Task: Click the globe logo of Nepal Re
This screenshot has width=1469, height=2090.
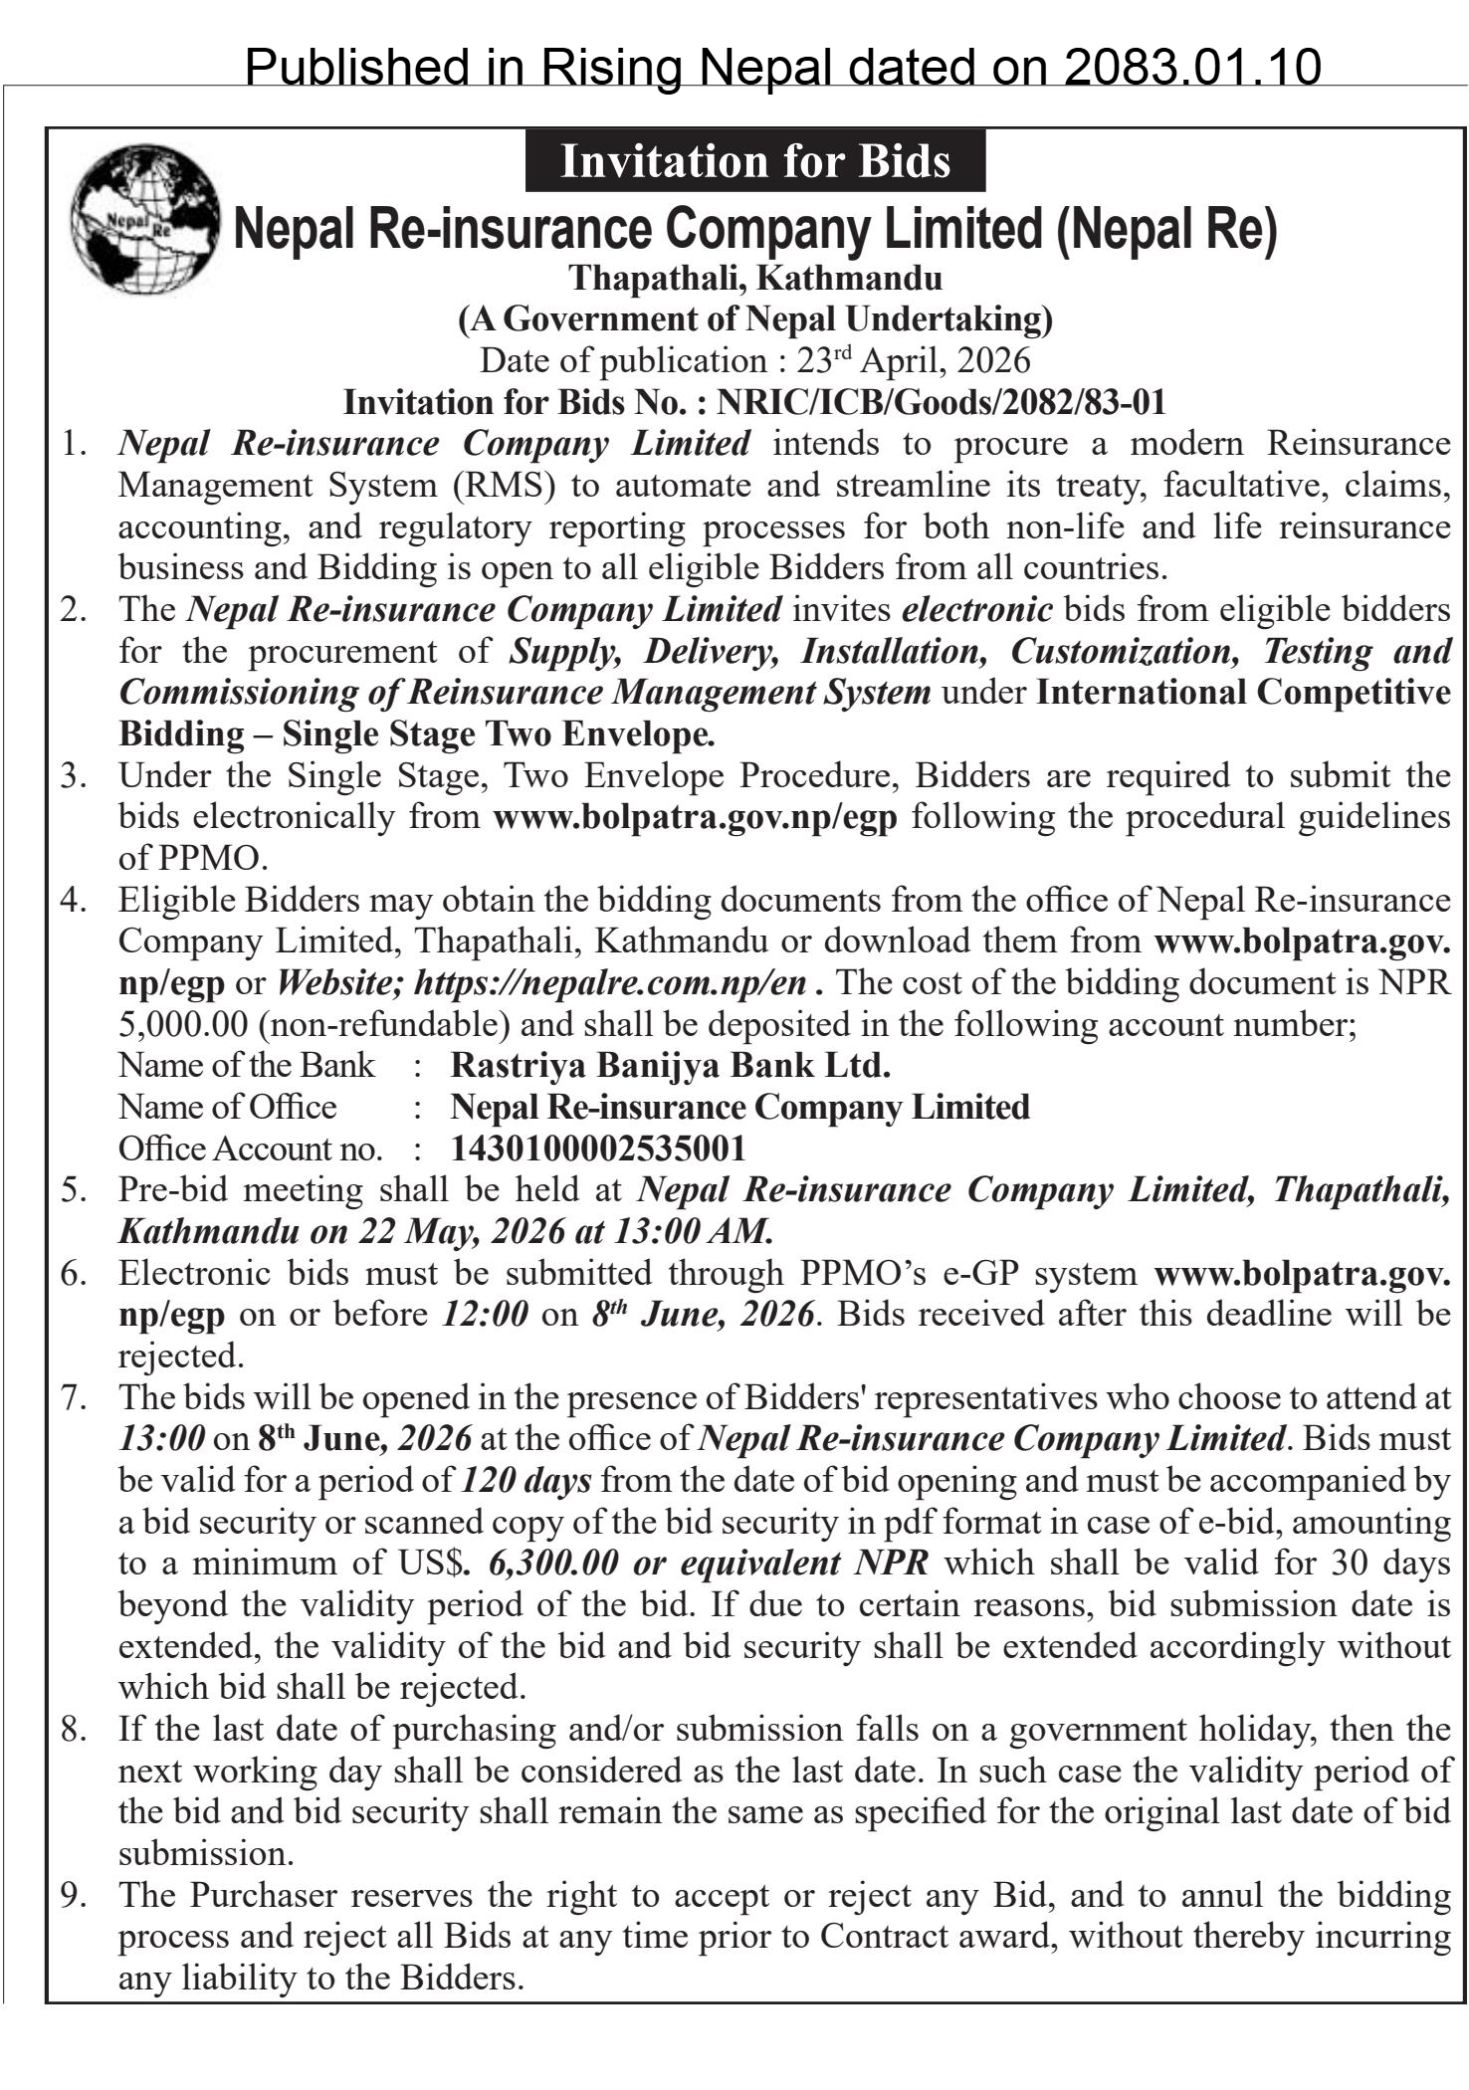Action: pos(145,218)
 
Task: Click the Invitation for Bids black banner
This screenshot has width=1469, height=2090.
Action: pos(754,161)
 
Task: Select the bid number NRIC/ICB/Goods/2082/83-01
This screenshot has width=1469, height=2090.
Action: pos(941,402)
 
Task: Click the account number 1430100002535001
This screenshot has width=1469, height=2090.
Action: pos(598,1149)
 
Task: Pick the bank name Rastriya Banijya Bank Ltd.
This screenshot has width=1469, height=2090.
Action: pos(670,1065)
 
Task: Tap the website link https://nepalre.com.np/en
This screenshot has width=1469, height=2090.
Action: pos(609,982)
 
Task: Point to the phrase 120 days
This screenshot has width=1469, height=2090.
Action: pos(526,1480)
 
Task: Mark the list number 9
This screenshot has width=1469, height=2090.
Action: pos(74,1895)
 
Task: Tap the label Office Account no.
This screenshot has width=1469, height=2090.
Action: pos(250,1149)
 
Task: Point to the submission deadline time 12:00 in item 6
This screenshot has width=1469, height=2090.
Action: pos(485,1314)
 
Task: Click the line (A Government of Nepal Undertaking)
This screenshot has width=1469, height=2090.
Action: pos(754,318)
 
